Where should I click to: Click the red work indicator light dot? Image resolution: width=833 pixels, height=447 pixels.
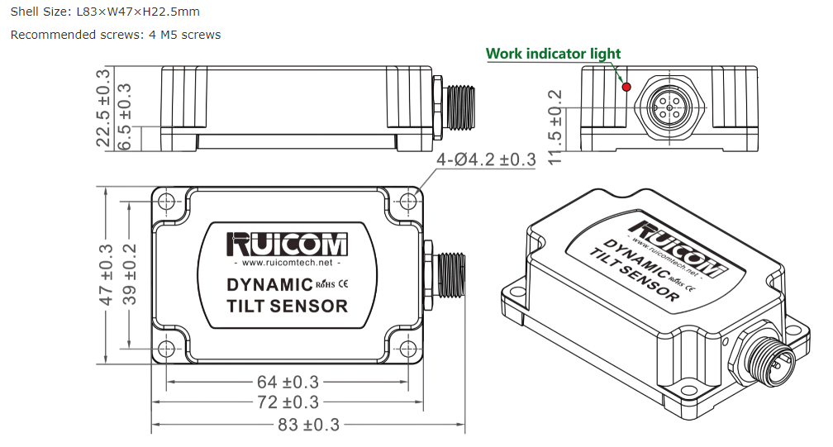(x=626, y=87)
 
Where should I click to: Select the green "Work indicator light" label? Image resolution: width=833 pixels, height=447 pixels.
(x=553, y=54)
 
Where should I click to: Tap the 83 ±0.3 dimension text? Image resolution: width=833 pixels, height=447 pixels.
(x=309, y=425)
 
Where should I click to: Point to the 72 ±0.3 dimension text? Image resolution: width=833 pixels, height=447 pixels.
(x=288, y=402)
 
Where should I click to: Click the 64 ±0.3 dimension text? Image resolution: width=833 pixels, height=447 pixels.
(x=288, y=382)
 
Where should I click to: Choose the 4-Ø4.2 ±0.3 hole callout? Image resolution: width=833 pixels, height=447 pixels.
(x=486, y=159)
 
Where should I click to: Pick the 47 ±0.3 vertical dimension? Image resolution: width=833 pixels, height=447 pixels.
(x=107, y=275)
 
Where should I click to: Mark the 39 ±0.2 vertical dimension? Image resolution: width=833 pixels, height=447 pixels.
(x=130, y=274)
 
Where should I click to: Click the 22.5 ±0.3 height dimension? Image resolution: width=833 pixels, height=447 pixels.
(x=102, y=107)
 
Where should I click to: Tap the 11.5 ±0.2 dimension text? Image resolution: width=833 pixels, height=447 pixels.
(x=554, y=127)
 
